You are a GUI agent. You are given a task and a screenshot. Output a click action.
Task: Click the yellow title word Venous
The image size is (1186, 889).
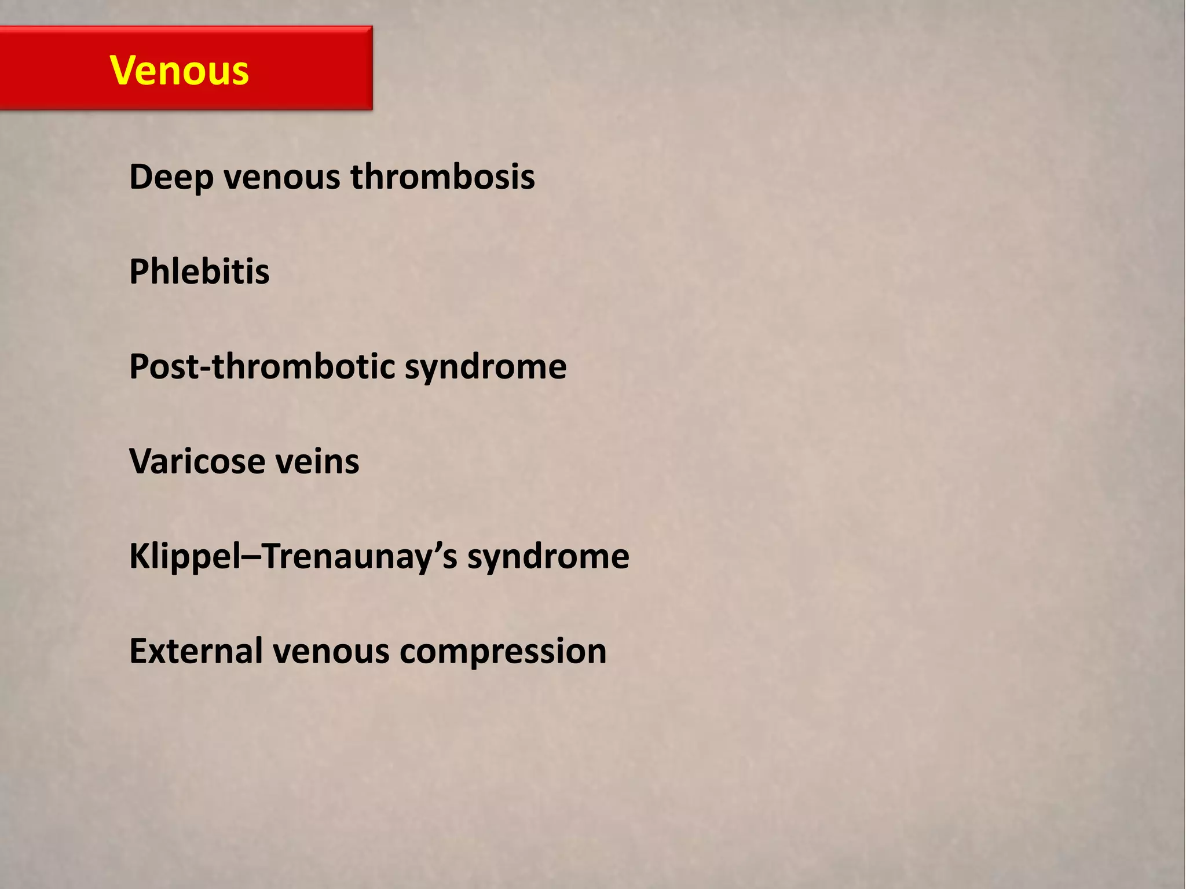pos(180,71)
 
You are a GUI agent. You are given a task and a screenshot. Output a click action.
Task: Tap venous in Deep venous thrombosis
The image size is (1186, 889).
pos(282,177)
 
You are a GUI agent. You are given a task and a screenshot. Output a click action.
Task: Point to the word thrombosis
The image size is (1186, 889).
pos(443,177)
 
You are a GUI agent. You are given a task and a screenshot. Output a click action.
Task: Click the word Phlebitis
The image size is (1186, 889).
pos(199,271)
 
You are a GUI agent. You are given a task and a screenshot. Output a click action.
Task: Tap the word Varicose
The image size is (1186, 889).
pos(196,461)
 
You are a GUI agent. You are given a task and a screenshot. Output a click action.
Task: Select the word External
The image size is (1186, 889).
pos(195,651)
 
